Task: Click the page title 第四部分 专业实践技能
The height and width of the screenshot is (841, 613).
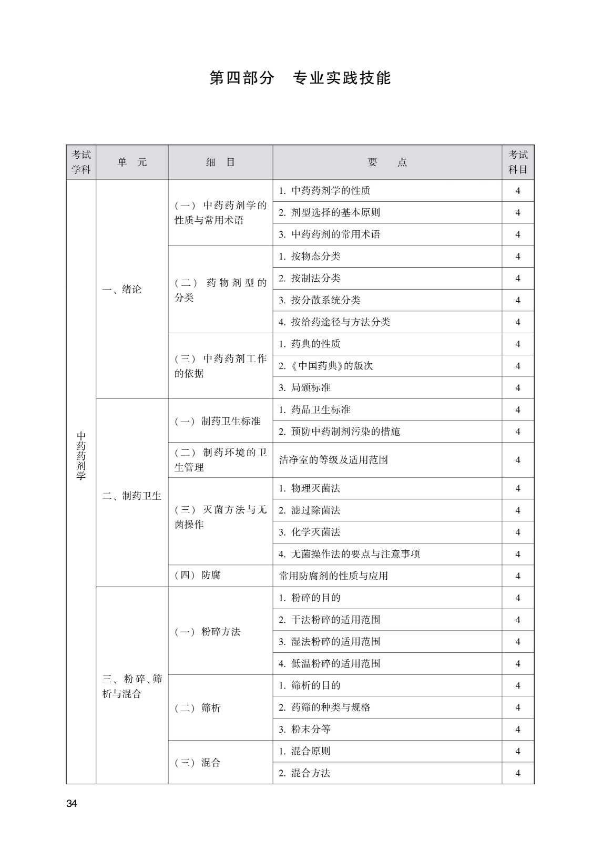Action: click(x=300, y=78)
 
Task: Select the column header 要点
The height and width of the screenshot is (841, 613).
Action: click(x=387, y=162)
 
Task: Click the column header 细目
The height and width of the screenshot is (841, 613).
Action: click(x=220, y=162)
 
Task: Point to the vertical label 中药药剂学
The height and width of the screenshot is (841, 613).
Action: click(x=81, y=456)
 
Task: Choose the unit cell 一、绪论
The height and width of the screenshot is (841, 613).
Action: click(x=121, y=289)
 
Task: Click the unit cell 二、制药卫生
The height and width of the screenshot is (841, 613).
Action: click(x=131, y=496)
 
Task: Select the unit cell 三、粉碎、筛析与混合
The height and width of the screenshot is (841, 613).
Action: click(x=132, y=686)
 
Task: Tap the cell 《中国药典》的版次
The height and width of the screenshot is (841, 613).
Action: click(x=326, y=366)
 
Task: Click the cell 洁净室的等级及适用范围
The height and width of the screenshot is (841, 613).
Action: click(x=334, y=460)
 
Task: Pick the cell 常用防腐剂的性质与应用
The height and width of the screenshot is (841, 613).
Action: click(x=334, y=576)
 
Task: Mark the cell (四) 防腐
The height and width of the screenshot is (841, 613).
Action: click(x=198, y=575)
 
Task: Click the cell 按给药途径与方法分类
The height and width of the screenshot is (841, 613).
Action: click(x=334, y=322)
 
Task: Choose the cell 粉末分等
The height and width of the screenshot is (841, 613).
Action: click(x=305, y=729)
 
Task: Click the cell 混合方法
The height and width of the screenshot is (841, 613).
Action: click(x=305, y=773)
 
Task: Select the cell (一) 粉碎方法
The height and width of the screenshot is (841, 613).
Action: click(x=208, y=631)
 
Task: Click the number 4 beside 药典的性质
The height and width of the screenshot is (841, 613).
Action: click(x=518, y=344)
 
